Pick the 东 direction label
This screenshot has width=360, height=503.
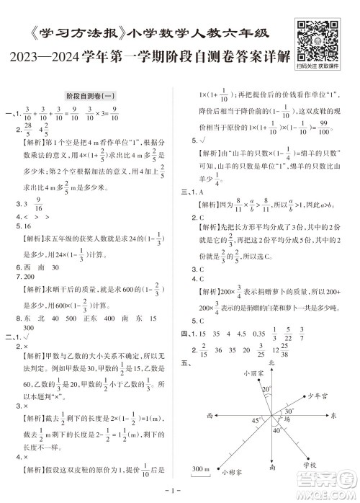pos(333,416)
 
